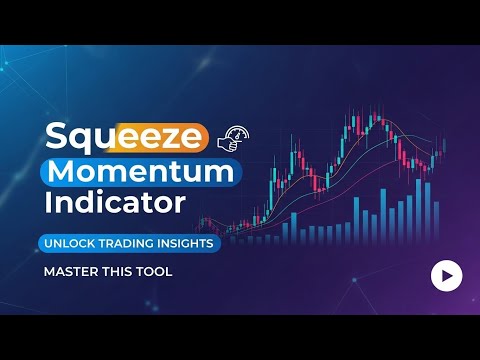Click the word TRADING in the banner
pos(137,242)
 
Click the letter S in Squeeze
pos(56,135)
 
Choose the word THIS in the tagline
pos(118,270)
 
